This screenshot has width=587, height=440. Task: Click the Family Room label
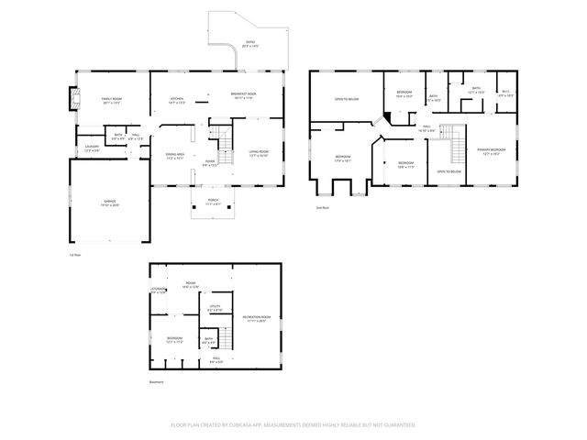pos(111,98)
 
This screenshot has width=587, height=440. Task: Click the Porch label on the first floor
pos(213,203)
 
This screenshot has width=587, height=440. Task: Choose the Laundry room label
pos(92,147)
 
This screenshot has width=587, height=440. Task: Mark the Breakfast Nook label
pos(244,94)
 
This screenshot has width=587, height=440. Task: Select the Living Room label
pos(259,152)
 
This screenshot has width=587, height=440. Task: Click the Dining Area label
pos(174,155)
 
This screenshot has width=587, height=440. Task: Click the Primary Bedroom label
pos(492,149)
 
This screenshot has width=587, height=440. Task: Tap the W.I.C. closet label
pos(505,91)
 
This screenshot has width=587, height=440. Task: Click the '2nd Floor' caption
pos(322,208)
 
